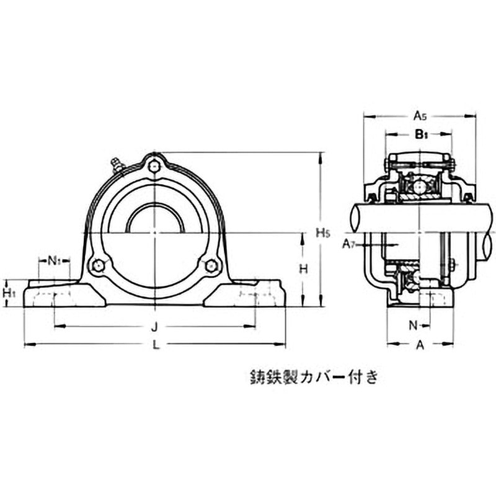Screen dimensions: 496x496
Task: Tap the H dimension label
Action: tap(303, 268)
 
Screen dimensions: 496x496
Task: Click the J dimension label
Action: tap(156, 326)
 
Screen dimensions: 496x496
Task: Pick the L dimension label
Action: tap(156, 345)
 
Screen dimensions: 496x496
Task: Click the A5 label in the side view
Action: tap(420, 115)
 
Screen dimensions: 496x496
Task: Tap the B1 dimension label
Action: tap(420, 133)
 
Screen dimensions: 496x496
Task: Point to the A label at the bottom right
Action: tap(419, 345)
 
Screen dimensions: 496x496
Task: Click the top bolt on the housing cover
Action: tap(154, 165)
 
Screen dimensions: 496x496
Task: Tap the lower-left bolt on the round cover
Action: tap(97, 266)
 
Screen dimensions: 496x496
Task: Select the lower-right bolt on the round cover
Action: tap(211, 266)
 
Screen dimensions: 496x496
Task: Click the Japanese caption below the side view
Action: tap(313, 376)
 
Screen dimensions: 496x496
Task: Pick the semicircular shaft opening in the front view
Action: tap(154, 220)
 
